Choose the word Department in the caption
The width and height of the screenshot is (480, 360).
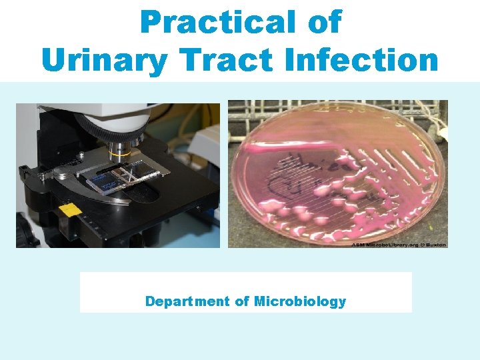(x=187, y=301)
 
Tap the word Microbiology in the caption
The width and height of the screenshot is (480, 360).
(x=300, y=301)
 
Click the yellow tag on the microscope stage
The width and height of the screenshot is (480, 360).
(x=69, y=209)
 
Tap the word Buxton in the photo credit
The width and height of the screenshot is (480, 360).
(x=437, y=245)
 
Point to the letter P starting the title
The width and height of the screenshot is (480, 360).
(x=151, y=22)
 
